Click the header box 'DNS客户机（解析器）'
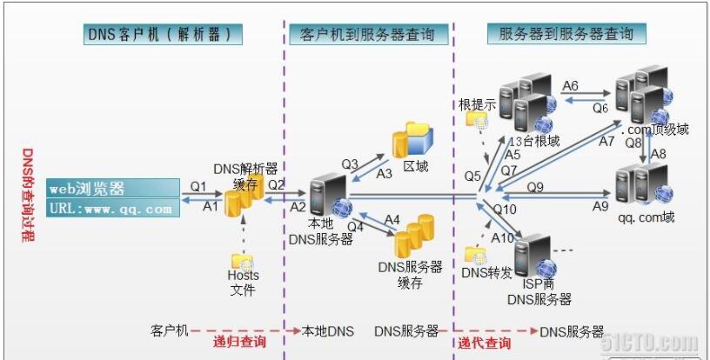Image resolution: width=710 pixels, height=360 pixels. point(163,35)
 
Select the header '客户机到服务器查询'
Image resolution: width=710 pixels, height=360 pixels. point(369,35)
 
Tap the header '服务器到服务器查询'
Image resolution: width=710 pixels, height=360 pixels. point(566,34)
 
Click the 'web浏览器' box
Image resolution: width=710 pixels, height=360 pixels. point(113,188)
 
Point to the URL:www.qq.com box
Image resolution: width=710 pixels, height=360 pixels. point(113,208)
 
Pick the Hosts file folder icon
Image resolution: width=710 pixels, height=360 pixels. point(242,262)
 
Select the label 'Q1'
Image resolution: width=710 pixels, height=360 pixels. point(198,186)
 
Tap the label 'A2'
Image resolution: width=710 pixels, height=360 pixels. point(298,207)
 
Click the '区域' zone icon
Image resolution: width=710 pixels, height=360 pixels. point(412,140)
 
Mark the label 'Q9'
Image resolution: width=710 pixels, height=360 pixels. point(535,187)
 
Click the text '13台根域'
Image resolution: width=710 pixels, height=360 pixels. point(535,142)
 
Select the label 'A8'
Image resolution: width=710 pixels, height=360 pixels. point(659,154)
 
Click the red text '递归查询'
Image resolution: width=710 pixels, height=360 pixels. point(239,342)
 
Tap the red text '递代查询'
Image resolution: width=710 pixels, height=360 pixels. point(484,343)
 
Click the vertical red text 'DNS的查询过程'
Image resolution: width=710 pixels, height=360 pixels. point(28,195)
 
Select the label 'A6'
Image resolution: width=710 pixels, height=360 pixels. point(571,85)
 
